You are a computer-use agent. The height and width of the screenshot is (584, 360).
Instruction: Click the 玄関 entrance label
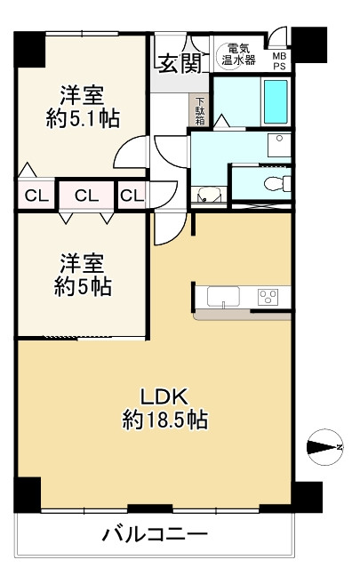click(180, 63)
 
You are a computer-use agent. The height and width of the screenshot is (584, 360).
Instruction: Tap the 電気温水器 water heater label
click(238, 54)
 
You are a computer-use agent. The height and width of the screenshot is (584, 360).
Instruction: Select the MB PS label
click(280, 61)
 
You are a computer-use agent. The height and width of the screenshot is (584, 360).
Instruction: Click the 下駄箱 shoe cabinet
click(200, 110)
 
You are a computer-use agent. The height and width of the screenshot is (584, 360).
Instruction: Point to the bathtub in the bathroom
click(276, 101)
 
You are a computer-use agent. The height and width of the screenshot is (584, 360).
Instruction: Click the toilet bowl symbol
click(277, 183)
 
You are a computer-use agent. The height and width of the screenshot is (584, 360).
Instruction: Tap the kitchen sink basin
click(223, 297)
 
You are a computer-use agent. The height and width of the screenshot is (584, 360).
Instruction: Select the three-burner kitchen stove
click(268, 297)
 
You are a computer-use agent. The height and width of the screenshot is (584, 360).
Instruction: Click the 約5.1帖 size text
click(83, 118)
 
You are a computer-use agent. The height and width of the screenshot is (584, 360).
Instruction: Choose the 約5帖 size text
click(83, 287)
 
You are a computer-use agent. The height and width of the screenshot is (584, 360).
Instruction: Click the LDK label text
click(164, 396)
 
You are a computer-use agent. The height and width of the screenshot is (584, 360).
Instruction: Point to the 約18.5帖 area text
click(165, 420)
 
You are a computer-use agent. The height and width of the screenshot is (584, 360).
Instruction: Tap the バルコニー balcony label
click(155, 535)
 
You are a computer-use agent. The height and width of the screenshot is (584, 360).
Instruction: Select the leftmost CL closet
click(36, 196)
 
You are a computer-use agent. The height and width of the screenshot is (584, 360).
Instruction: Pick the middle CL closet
click(87, 196)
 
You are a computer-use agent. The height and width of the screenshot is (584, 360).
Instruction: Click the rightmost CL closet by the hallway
click(132, 196)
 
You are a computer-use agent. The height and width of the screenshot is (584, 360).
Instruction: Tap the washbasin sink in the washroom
click(279, 145)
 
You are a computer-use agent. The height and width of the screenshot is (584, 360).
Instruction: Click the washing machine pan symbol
click(209, 196)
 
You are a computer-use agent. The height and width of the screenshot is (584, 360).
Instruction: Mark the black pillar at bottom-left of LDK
click(28, 494)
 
